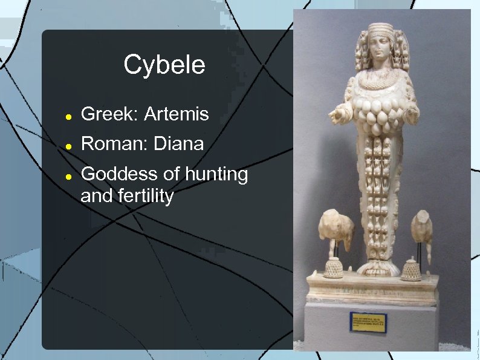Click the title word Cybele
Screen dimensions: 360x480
point(164,65)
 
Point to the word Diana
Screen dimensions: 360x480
point(178,144)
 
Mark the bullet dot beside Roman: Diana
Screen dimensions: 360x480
point(70,146)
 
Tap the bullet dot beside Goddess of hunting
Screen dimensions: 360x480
point(70,176)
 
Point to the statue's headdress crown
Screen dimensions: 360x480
point(382,30)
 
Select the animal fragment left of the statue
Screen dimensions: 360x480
point(336,229)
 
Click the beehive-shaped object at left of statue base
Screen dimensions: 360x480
point(333,267)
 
